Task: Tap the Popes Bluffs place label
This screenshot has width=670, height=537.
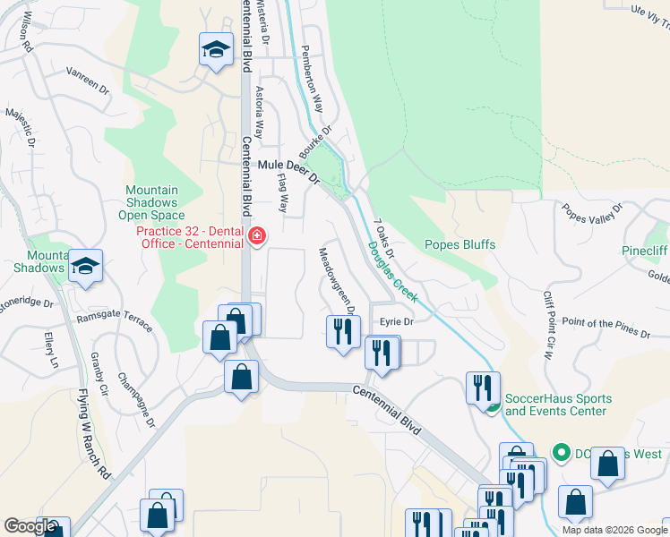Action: coord(460,244)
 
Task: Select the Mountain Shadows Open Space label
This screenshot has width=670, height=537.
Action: coord(151,202)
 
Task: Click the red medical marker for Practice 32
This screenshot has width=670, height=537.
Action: coord(257,236)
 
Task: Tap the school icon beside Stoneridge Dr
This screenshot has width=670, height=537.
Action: coord(86,266)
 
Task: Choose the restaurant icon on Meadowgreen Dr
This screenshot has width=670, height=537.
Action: coord(343,332)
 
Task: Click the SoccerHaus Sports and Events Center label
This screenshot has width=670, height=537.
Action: coord(559,405)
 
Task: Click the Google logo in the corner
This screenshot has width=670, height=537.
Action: coord(29,526)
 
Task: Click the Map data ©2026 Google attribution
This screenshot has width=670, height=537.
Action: coord(614,530)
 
